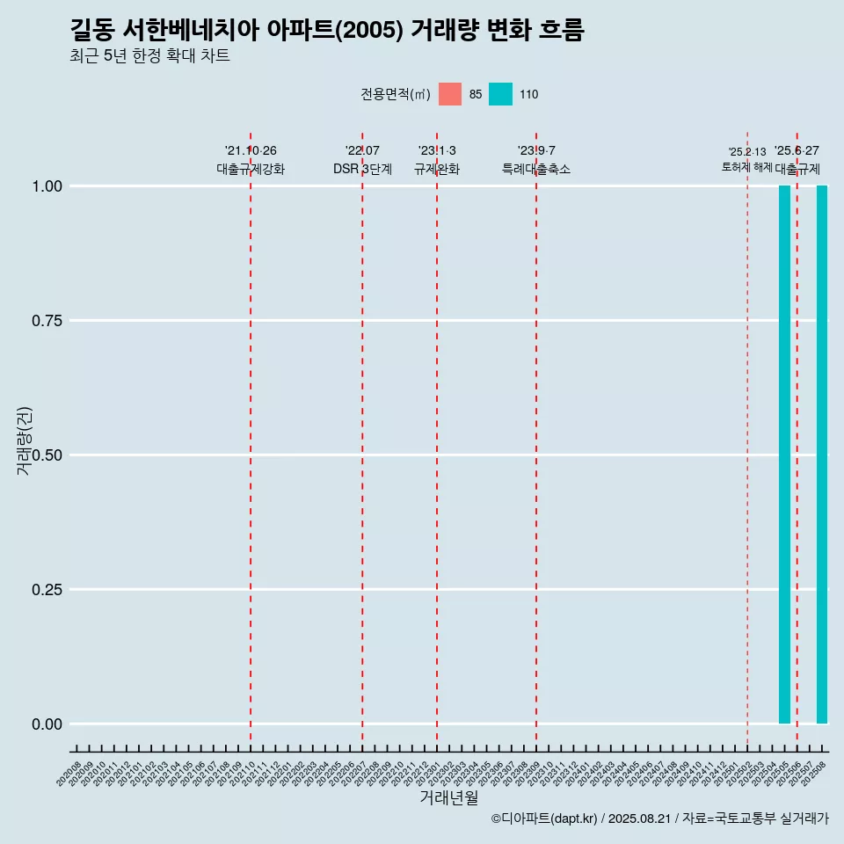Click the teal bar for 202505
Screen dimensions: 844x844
tap(784, 455)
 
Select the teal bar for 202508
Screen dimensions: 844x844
tap(822, 455)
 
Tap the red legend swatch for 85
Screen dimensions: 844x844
tap(450, 94)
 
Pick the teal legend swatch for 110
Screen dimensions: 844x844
tap(500, 94)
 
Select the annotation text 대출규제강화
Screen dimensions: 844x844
tap(251, 169)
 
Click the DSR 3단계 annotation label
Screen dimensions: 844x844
tap(362, 169)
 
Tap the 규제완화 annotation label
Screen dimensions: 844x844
tap(437, 169)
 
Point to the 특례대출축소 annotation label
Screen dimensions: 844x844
tap(536, 169)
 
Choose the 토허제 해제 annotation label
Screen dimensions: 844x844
tap(746, 166)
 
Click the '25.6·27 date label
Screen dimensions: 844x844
tap(797, 151)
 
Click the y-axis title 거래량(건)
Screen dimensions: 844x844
tap(25, 440)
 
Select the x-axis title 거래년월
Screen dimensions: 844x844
tap(448, 797)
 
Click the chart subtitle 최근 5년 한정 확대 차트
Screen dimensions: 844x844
tap(149, 56)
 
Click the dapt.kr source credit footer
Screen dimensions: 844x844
tap(659, 819)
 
